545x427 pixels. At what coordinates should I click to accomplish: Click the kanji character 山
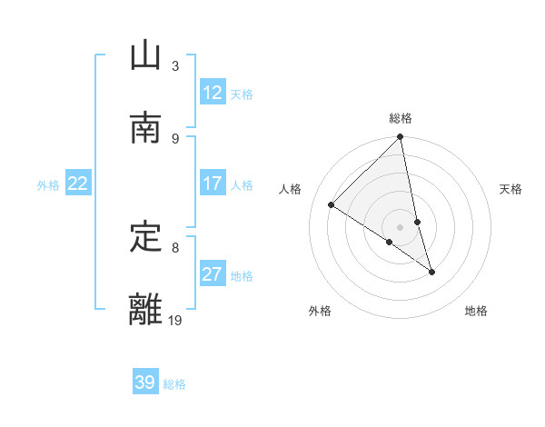point(145,56)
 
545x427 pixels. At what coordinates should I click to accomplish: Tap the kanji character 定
point(145,237)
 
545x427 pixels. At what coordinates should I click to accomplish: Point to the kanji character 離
point(145,310)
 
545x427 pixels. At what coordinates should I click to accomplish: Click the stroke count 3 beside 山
point(175,66)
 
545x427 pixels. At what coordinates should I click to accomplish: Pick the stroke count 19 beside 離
point(175,320)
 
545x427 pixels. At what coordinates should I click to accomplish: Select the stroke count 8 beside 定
point(175,247)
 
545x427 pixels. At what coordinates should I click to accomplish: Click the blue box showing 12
point(213,93)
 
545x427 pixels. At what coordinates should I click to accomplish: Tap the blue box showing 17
point(213,184)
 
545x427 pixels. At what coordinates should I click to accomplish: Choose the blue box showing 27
point(213,274)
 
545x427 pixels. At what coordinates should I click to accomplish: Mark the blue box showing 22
point(78,184)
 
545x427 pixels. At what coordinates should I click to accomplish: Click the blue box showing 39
point(145,382)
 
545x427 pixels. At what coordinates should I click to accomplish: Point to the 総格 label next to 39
point(174,384)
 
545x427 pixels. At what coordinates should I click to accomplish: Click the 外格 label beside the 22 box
point(48,185)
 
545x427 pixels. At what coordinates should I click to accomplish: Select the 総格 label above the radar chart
point(401,118)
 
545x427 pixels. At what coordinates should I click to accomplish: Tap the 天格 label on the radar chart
point(511,189)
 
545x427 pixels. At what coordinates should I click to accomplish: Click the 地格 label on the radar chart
point(476,312)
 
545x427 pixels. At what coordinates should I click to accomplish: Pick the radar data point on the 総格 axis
point(401,138)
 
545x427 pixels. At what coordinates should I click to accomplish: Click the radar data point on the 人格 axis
point(332,205)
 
